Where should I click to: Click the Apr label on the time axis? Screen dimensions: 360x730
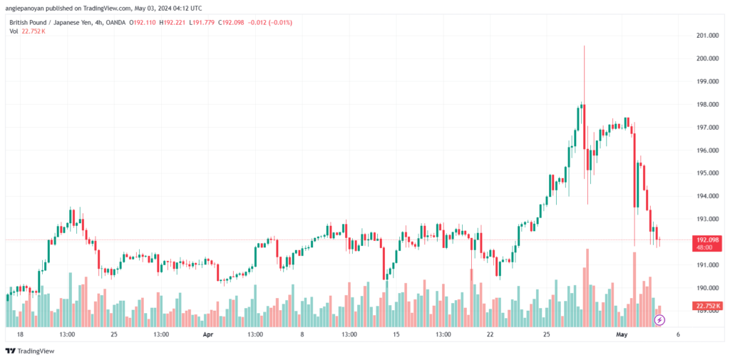207,334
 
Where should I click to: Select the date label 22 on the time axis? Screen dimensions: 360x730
490,334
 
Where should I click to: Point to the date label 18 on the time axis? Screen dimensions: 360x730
20,334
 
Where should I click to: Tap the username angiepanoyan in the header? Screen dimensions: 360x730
30,8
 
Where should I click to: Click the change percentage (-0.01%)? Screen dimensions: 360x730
278,22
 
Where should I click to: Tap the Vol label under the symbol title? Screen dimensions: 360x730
12,31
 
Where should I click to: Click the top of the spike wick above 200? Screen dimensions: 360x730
584,46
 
